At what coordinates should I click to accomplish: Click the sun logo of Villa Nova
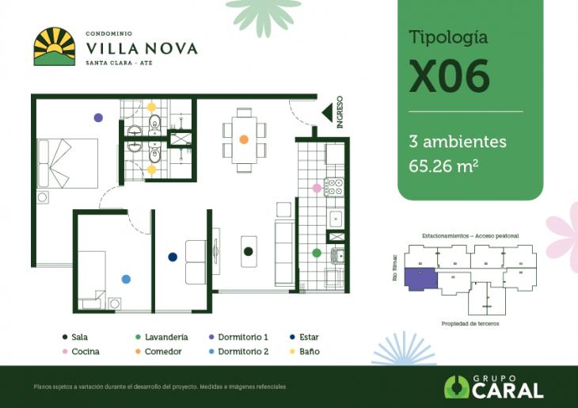coord(54,47)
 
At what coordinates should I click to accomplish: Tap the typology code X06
coord(449,77)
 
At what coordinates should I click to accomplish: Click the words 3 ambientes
coord(457,142)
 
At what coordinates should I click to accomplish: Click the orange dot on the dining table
coord(244,139)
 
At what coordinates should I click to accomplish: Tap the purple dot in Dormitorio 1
coord(98,117)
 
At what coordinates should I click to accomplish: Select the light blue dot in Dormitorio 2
coord(125,279)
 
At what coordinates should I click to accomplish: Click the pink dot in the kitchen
coord(317,188)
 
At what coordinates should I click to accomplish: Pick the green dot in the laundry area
coord(317,253)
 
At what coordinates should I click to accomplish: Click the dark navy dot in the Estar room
coord(173,257)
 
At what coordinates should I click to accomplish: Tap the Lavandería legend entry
coord(162,337)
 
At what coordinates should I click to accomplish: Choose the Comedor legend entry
coord(158,351)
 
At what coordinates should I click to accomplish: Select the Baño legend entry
coord(304,351)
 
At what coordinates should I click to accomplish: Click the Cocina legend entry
coord(81,351)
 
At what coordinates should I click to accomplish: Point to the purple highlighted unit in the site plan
coord(420,279)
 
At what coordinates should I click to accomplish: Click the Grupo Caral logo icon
coord(457,387)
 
